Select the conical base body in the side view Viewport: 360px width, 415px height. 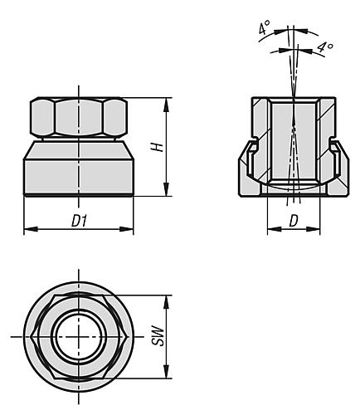point(78,170)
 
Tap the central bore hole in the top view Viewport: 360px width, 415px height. point(78,337)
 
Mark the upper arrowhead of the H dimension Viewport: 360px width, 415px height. point(168,102)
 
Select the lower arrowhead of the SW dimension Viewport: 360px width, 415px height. point(168,374)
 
